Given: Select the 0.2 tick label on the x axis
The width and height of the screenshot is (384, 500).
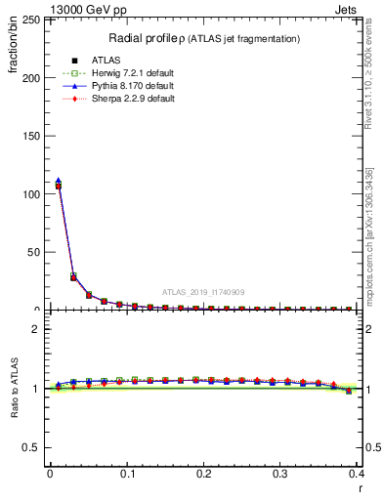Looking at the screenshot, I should (x=203, y=475).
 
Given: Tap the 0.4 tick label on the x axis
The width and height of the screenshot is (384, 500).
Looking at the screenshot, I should (x=357, y=475).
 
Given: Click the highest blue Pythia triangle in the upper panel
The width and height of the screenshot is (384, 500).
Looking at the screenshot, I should (x=58, y=181).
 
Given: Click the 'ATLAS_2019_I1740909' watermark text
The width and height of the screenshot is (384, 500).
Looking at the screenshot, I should (x=202, y=291).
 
